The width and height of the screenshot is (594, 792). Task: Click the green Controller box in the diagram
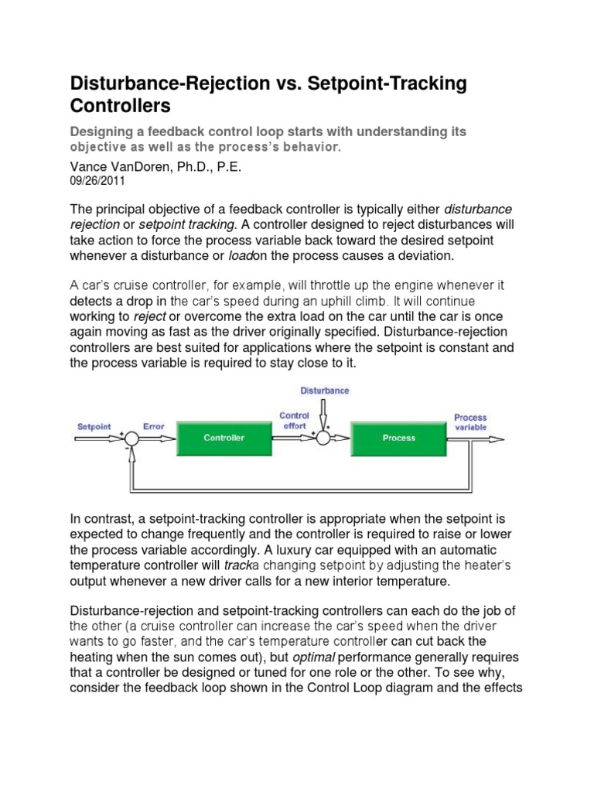[x=224, y=438]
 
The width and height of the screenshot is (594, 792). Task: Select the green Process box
[x=399, y=438]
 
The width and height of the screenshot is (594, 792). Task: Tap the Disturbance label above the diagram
[x=324, y=391]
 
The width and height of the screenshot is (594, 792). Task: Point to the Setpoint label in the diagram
[x=94, y=426]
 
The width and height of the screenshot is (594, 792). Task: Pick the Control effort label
[x=294, y=420]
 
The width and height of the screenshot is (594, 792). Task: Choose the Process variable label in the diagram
[x=470, y=422]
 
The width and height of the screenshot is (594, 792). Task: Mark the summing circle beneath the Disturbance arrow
[x=323, y=439]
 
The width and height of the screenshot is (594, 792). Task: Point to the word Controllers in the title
[x=120, y=104]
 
